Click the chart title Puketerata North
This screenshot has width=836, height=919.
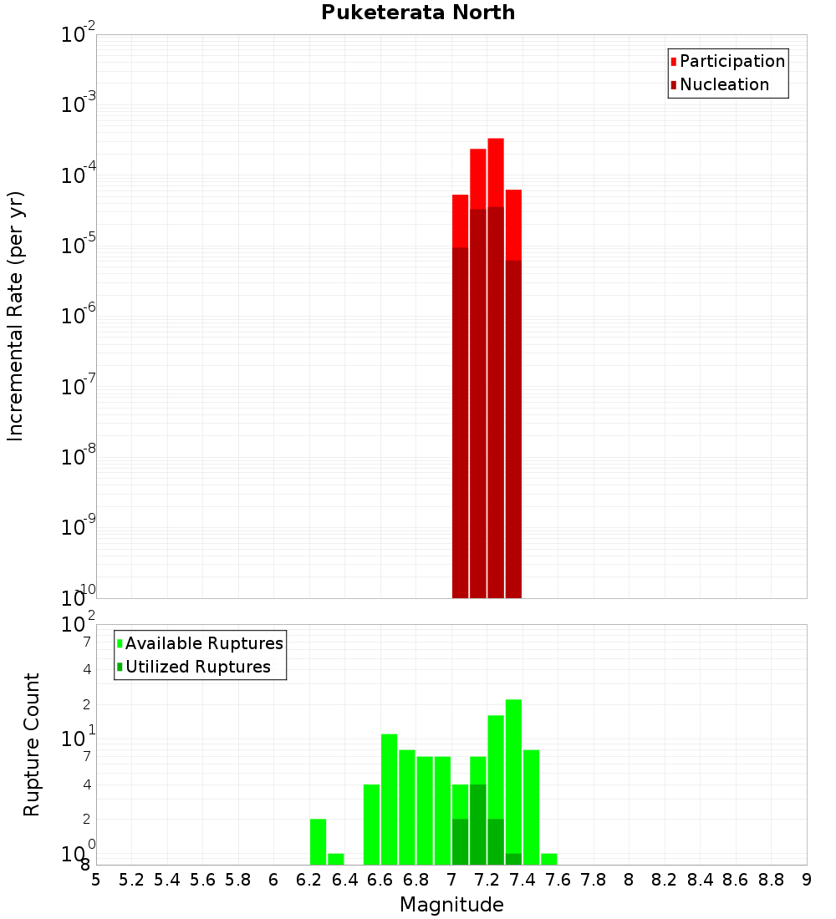pos(418,13)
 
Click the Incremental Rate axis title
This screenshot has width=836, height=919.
pos(16,317)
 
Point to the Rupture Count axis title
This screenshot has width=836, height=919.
pos(32,744)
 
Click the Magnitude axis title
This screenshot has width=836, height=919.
pos(451,905)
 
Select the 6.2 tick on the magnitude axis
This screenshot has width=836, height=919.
pos(309,880)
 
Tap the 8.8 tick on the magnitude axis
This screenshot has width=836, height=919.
pos(771,880)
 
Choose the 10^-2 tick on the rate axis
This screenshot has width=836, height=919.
pos(77,36)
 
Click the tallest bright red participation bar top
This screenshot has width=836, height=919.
pos(496,140)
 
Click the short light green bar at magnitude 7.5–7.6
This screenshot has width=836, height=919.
pos(549,859)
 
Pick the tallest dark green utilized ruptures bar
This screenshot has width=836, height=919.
pos(478,824)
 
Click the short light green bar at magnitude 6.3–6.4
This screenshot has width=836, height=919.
pos(336,859)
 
